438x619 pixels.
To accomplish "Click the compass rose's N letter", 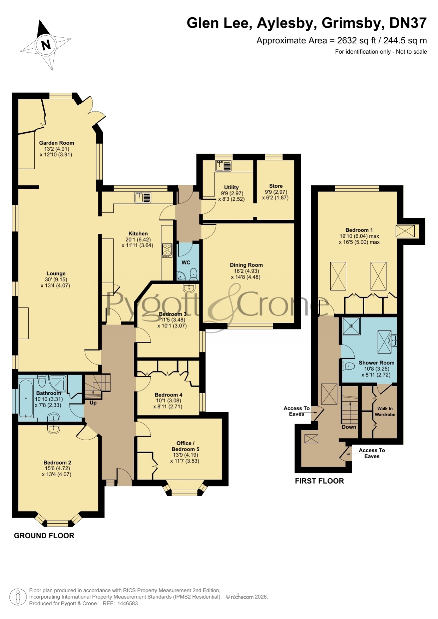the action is point(46,45).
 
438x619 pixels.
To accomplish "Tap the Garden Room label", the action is point(56,143).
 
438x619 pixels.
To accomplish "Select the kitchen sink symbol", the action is point(143,198).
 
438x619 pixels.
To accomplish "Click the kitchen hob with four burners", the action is point(167,250).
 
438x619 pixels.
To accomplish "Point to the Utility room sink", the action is point(223,166).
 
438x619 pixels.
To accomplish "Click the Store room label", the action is point(276,186).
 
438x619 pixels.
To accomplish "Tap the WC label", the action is point(186,262).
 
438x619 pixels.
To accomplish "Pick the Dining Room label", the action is point(246,265).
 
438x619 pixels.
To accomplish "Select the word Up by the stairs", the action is point(93,403).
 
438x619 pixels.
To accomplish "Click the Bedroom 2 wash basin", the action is point(54,428).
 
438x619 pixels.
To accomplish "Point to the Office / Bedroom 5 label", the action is point(185,446).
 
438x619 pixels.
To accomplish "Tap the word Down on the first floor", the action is point(349,427).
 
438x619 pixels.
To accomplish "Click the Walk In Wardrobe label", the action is point(385,412).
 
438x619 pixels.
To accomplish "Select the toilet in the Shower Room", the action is point(348,366).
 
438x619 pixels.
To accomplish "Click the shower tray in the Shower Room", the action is point(351,326).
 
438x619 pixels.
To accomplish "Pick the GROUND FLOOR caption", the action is point(44,536).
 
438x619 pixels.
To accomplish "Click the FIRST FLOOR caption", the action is point(319,481).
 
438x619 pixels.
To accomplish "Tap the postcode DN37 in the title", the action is point(408,23).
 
